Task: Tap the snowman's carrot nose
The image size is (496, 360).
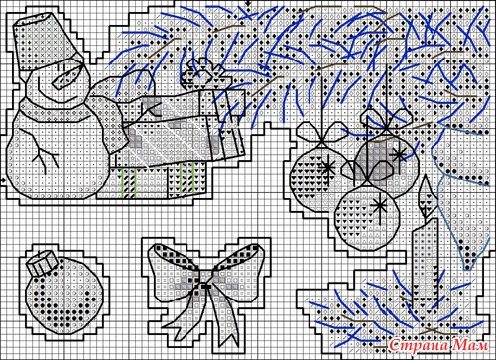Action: (68, 76)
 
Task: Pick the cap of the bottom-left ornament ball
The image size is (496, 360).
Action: (42, 264)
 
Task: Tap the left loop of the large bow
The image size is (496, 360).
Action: (172, 271)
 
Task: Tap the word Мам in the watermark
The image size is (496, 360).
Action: (471, 346)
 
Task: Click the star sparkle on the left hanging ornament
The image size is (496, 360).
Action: (328, 167)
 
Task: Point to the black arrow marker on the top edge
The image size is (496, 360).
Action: (248, 3)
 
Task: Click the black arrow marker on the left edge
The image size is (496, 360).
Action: (3, 180)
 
